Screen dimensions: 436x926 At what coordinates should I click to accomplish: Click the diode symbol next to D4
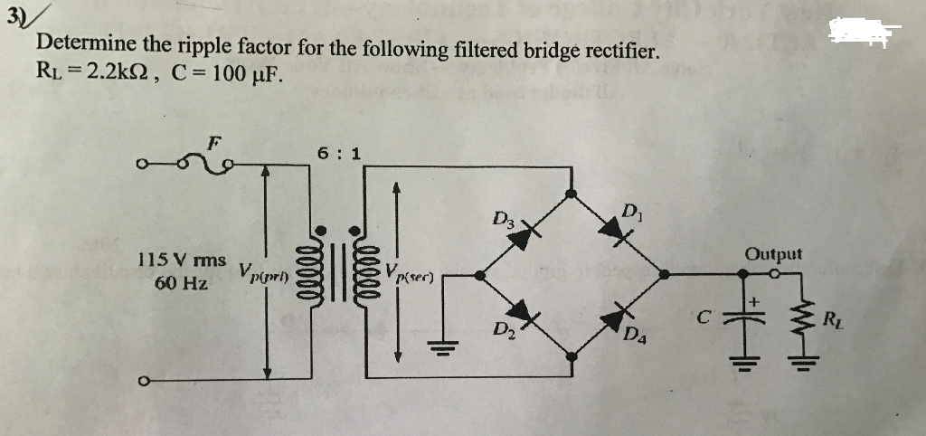click(x=619, y=316)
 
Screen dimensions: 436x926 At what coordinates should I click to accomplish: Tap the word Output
click(x=773, y=254)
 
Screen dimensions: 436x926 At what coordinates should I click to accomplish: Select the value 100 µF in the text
click(x=245, y=72)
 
